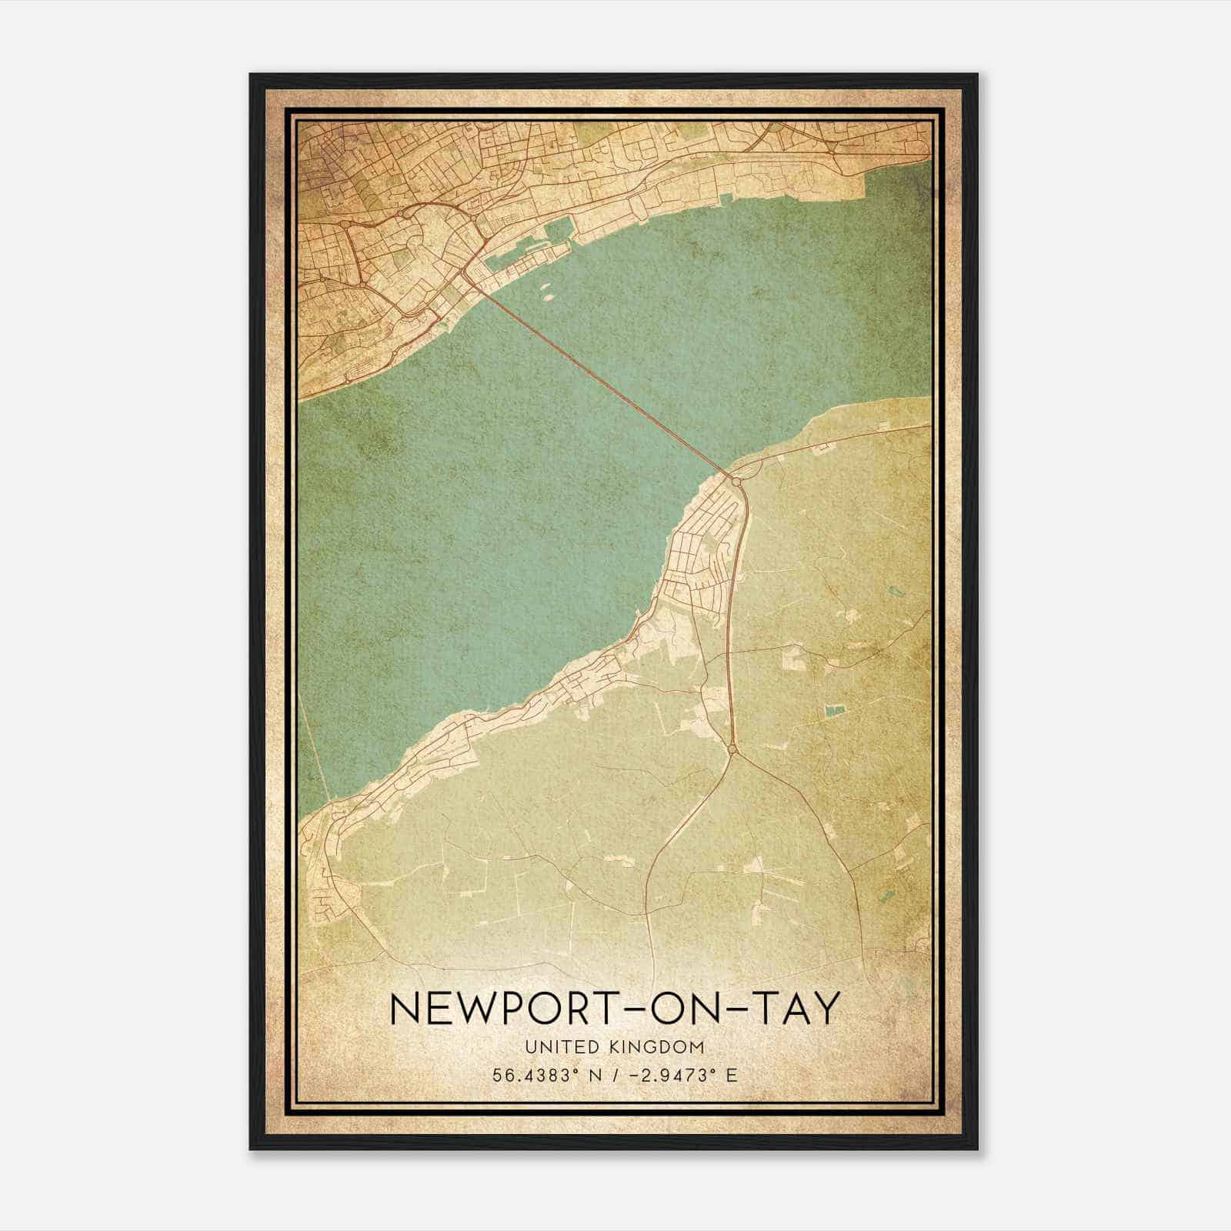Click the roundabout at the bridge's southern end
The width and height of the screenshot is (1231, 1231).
pyautogui.click(x=737, y=481)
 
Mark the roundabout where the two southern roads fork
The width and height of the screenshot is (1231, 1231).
pyautogui.click(x=732, y=748)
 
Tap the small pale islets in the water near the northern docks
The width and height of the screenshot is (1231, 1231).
pyautogui.click(x=548, y=293)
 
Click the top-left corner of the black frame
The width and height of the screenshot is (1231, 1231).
pyautogui.click(x=251, y=75)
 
